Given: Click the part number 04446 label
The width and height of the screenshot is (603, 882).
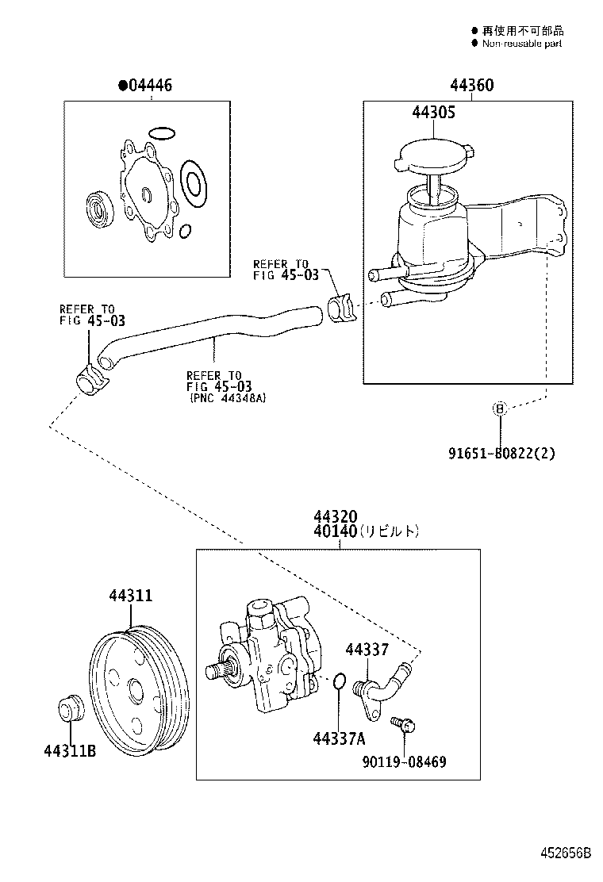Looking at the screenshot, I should pos(147,86).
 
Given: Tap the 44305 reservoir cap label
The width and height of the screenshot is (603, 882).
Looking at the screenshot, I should pos(433,113).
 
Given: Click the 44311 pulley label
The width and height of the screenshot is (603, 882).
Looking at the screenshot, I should pos(131,596).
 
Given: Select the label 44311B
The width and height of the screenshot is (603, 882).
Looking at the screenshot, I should pos(70,750).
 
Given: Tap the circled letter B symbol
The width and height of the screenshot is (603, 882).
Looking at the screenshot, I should pos(499,408).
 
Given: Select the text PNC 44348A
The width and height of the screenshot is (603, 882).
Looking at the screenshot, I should pos(227,398).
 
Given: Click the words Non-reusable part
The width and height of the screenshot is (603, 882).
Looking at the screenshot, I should pos(521,44).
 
